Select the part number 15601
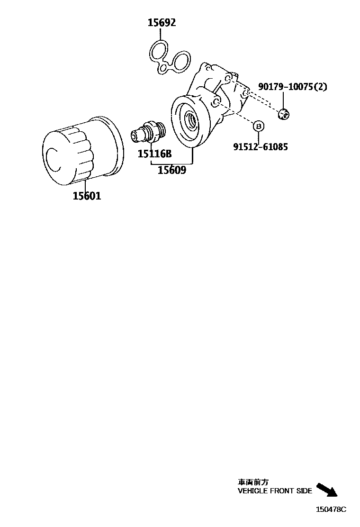tap(87, 195)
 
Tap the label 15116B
tap(154, 154)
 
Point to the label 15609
tap(172, 170)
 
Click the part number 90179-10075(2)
tap(292, 87)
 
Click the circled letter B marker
tap(258, 126)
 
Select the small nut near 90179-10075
tap(283, 113)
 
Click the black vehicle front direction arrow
tap(327, 490)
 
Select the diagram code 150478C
tap(332, 509)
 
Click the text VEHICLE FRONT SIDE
tap(275, 491)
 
